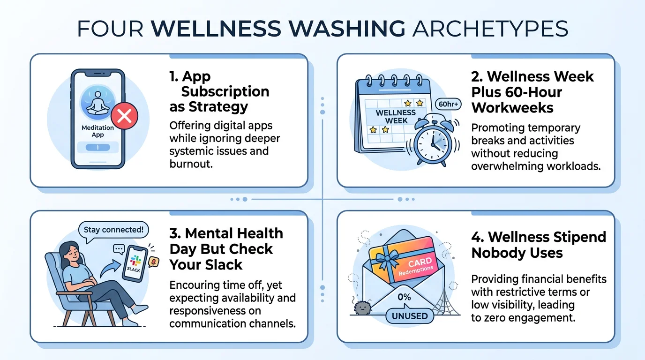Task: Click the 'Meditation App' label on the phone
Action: tap(98, 131)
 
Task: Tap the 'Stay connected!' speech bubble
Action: tap(113, 230)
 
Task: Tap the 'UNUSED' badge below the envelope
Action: tap(410, 316)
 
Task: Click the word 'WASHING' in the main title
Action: tap(343, 29)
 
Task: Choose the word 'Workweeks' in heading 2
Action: tap(512, 107)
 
